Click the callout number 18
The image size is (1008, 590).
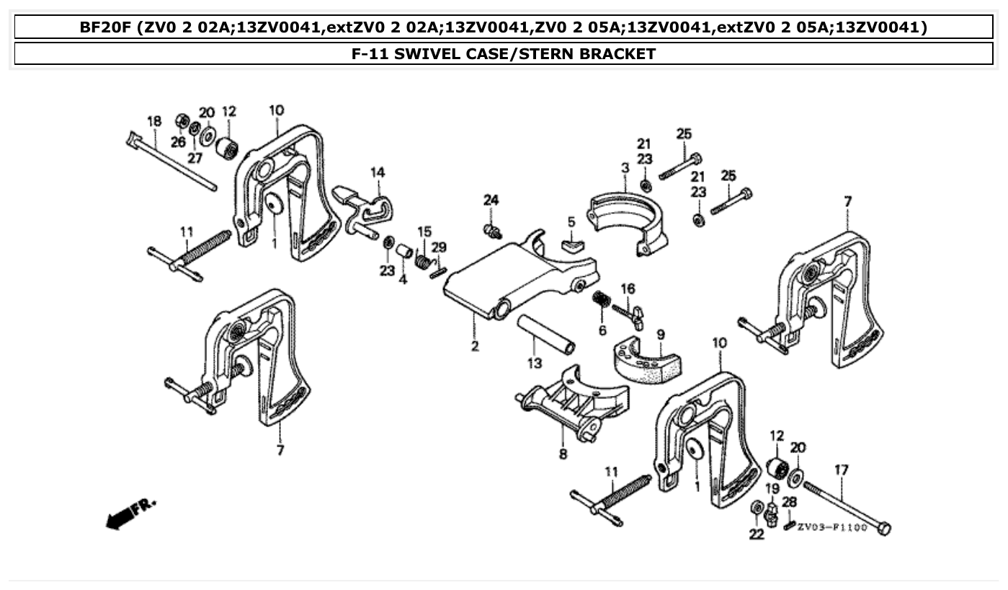tap(154, 121)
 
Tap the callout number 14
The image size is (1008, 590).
tap(378, 172)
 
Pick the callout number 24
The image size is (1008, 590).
tap(491, 200)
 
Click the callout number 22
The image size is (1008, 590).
tap(756, 534)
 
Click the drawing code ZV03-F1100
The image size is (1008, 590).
tap(832, 527)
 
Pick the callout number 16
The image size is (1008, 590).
tap(628, 289)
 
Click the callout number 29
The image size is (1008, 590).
tap(439, 247)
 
